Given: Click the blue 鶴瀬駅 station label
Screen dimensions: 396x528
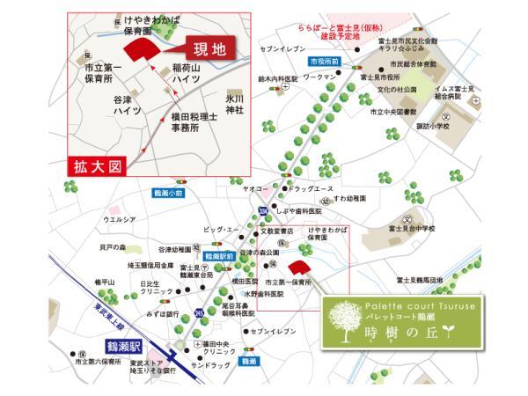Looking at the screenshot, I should tap(125, 345).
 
